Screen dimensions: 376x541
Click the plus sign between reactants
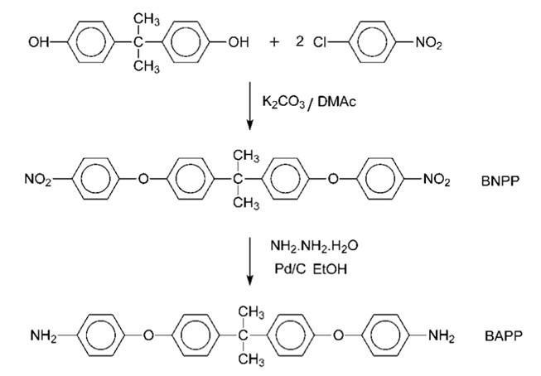[274, 41]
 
